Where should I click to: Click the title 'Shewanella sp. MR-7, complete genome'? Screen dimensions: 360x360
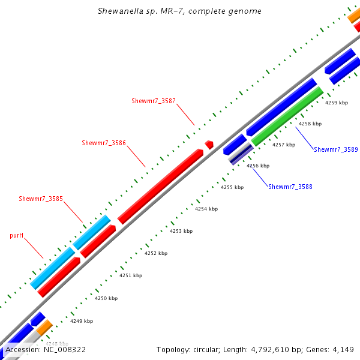point(179,11)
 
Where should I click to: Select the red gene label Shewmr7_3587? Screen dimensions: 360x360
point(154,100)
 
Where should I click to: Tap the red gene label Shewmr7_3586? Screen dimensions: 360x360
point(104,143)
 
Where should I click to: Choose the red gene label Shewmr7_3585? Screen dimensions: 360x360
point(41,199)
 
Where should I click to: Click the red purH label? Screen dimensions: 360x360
point(17,236)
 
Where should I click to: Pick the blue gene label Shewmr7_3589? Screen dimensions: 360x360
point(335,149)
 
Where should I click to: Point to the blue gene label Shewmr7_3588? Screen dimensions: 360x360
point(290,187)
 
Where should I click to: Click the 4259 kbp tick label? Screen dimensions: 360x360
point(336,103)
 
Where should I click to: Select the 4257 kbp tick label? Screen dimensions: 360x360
point(284,145)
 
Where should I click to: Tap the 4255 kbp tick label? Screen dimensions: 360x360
point(232,187)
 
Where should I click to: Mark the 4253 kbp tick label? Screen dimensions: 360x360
point(181,230)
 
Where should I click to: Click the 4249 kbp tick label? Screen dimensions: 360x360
point(82,321)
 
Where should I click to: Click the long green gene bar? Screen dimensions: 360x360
point(287,116)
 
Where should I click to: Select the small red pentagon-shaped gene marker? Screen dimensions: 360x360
point(209,145)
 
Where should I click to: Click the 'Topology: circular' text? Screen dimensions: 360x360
point(184,349)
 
